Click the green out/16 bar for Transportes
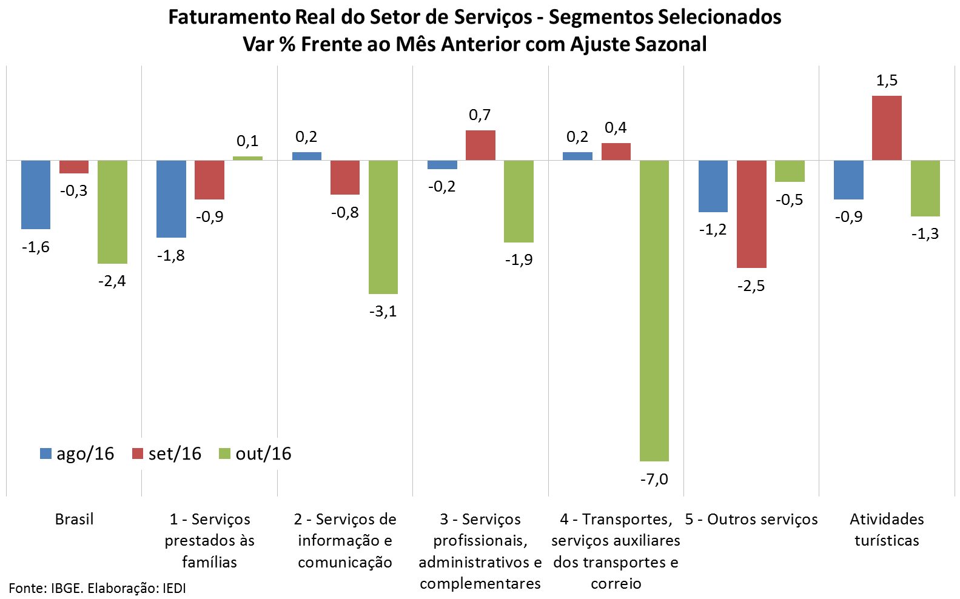[x=654, y=310]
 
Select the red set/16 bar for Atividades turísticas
[x=887, y=128]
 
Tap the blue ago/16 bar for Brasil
[x=36, y=195]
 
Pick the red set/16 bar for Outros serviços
[x=751, y=214]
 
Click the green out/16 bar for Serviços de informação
[x=383, y=227]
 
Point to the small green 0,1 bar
[x=247, y=158]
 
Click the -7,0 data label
[x=654, y=479]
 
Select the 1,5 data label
[x=887, y=81]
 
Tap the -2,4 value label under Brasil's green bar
[x=112, y=281]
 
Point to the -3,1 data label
[x=383, y=311]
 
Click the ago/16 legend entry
[x=77, y=453]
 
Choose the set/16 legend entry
[x=167, y=453]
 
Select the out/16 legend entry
[x=255, y=453]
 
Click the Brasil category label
[x=74, y=520]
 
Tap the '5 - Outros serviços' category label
[x=751, y=520]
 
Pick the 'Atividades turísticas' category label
[x=887, y=530]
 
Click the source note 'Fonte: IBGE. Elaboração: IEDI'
[x=98, y=588]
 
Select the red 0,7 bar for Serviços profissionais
[x=480, y=146]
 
